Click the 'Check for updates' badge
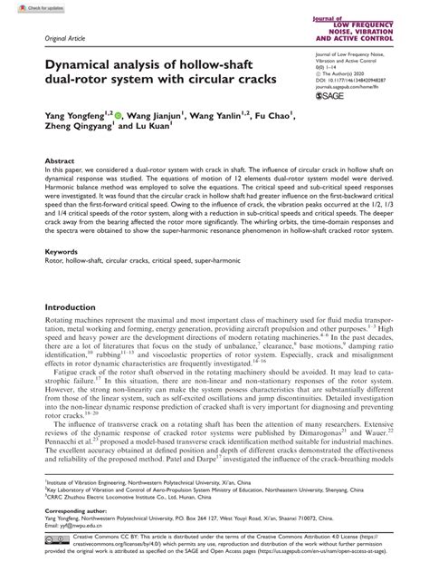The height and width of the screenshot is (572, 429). tap(28, 7)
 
